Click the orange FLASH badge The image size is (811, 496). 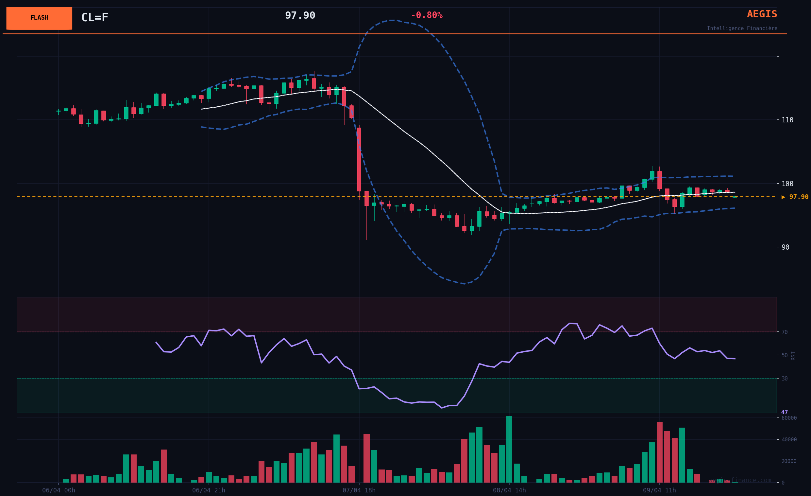click(x=39, y=18)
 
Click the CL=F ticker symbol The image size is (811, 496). click(x=94, y=17)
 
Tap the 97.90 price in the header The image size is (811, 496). click(x=300, y=15)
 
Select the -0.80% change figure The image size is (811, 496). click(x=426, y=15)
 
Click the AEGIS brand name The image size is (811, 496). click(x=762, y=14)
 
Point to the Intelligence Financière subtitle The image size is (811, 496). click(x=742, y=28)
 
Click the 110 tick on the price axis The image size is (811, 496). click(x=787, y=120)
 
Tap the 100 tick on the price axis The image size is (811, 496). click(x=787, y=184)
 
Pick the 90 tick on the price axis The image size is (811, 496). click(x=785, y=247)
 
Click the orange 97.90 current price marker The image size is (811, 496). click(x=795, y=197)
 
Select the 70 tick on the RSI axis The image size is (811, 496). click(x=785, y=332)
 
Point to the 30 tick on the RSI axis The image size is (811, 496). click(x=785, y=379)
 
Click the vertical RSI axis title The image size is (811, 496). click(x=793, y=356)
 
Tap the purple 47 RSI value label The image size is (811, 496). click(x=784, y=412)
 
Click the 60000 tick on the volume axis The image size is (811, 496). click(x=789, y=418)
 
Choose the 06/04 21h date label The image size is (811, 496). click(x=209, y=490)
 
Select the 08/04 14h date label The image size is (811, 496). click(x=509, y=490)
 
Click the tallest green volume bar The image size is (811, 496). click(x=509, y=450)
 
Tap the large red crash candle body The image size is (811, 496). click(x=359, y=159)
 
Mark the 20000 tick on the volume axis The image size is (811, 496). click(x=789, y=461)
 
